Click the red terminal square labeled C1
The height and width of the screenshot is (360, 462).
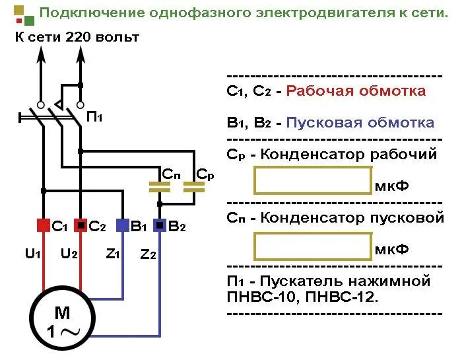click(x=43, y=226)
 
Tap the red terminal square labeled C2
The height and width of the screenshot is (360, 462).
click(x=81, y=226)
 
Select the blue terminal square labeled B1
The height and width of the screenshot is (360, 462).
click(x=123, y=226)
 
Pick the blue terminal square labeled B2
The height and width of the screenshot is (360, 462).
click(x=160, y=226)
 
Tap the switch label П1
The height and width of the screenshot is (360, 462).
click(x=94, y=117)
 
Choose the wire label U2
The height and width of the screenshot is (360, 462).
click(x=69, y=254)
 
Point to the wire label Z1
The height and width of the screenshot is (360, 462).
click(x=112, y=254)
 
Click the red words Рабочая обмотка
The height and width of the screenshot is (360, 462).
click(x=356, y=91)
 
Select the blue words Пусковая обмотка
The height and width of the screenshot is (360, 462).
click(x=360, y=123)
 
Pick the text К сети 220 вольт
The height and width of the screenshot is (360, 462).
click(x=77, y=37)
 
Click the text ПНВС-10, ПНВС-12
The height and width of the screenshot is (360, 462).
click(x=302, y=297)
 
